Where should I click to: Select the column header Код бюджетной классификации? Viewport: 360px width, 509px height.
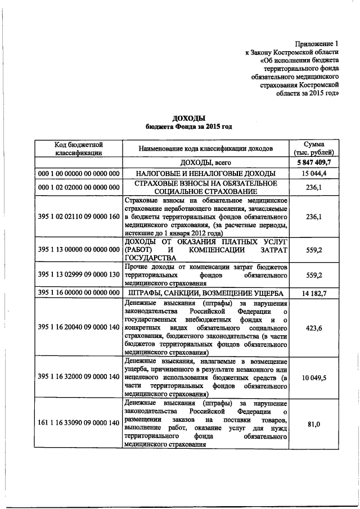pyautogui.click(x=78, y=148)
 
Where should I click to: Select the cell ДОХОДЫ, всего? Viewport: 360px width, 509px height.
pyautogui.click(x=205, y=163)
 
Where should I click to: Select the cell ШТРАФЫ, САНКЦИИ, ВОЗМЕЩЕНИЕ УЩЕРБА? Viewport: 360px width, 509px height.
pyautogui.click(x=205, y=294)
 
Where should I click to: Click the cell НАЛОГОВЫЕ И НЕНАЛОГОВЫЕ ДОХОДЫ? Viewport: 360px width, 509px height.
pyautogui.click(x=205, y=174)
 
